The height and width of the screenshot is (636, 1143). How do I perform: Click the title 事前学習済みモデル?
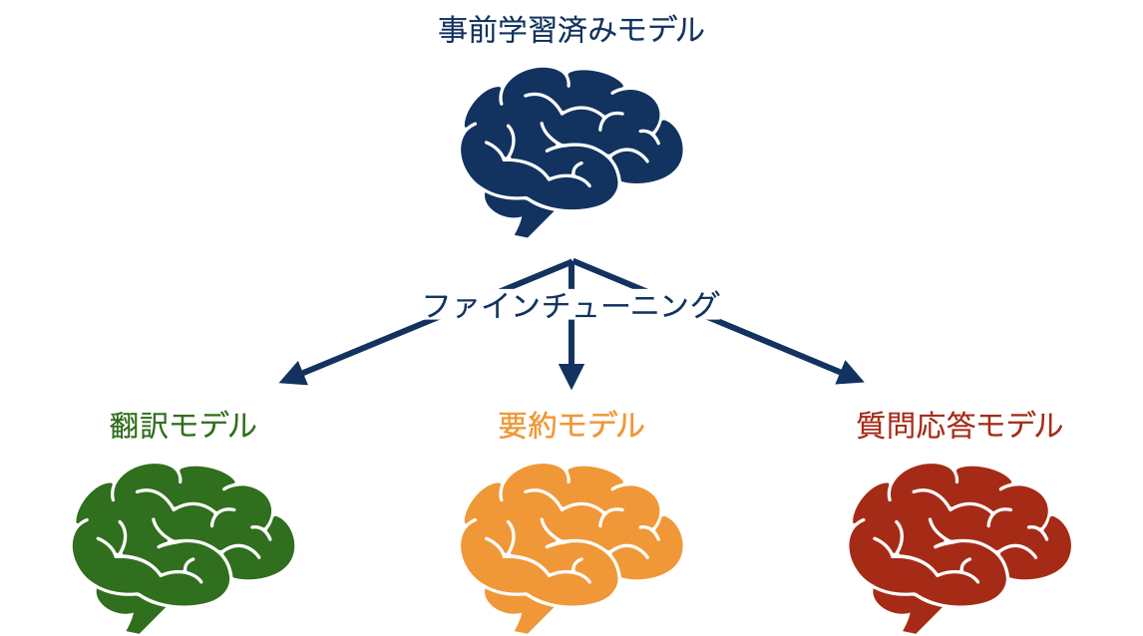[x=571, y=31]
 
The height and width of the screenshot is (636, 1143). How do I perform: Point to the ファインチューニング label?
[x=571, y=304]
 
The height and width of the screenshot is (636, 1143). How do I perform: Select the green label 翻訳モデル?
[x=183, y=426]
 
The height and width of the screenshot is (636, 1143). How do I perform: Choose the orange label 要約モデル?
[x=571, y=426]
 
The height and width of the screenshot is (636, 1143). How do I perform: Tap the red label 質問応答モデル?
[x=958, y=426]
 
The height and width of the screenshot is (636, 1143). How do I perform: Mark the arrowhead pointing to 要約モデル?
[x=571, y=378]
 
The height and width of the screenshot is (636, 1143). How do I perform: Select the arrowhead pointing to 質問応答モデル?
[x=851, y=375]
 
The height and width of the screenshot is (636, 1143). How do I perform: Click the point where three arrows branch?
[x=571, y=261]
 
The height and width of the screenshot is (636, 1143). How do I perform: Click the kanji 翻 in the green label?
[x=123, y=426]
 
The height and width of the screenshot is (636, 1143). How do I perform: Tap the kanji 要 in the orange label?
[x=512, y=426]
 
